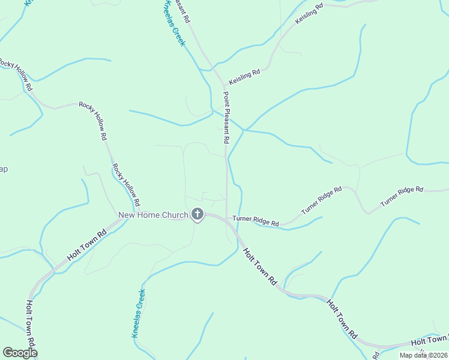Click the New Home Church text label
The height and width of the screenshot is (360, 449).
click(x=153, y=215)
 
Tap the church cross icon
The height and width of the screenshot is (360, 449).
click(x=197, y=214)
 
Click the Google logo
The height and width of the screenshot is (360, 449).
click(x=20, y=352)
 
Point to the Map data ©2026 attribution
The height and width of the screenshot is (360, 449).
click(x=423, y=355)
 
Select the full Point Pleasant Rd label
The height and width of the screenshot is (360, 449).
click(x=226, y=117)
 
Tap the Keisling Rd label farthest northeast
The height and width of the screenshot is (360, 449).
click(x=309, y=14)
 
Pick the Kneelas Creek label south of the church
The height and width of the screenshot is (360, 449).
click(x=138, y=313)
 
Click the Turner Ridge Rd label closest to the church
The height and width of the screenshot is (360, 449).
click(x=256, y=221)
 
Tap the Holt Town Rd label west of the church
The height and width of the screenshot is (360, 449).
click(x=86, y=245)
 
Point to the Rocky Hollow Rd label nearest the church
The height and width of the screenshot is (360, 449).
click(x=126, y=182)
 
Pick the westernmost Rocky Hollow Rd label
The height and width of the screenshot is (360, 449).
click(x=16, y=74)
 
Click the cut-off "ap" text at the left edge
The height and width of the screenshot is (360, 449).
click(x=4, y=169)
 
